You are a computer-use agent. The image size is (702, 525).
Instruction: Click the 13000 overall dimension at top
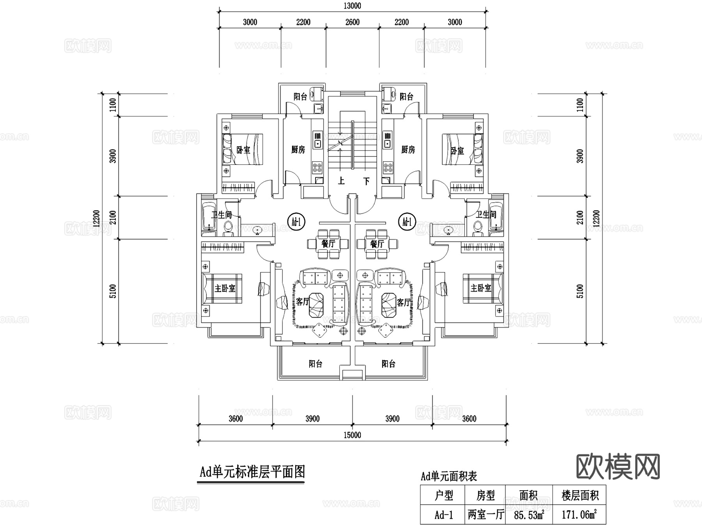[x=352, y=6]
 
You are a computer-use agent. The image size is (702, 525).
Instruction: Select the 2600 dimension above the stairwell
[x=352, y=22]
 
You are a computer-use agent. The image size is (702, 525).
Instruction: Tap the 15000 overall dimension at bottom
[x=352, y=435]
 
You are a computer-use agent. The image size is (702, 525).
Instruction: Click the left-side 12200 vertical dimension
[x=97, y=218]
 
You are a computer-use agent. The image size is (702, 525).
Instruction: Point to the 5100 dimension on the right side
[x=580, y=291]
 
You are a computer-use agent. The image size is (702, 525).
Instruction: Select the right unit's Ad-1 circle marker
[x=408, y=222]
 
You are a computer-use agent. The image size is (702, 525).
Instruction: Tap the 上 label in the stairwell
[x=341, y=181]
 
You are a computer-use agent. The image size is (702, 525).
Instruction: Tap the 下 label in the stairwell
[x=366, y=181]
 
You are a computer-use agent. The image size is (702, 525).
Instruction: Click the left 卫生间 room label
[x=222, y=215]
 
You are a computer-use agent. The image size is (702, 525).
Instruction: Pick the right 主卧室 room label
[x=480, y=288]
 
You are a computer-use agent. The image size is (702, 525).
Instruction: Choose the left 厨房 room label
[x=298, y=150]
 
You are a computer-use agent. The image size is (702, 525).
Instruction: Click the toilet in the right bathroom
[x=477, y=228]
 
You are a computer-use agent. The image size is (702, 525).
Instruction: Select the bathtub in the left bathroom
[x=209, y=216]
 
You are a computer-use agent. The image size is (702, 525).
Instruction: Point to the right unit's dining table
[x=377, y=244]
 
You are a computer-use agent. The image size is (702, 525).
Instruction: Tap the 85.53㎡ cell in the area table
[x=528, y=515]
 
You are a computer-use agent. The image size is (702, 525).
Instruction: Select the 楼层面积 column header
[x=580, y=496]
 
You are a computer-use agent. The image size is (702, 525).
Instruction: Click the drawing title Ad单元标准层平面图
[x=252, y=472]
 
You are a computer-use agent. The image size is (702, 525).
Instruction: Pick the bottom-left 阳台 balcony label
[x=315, y=364]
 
